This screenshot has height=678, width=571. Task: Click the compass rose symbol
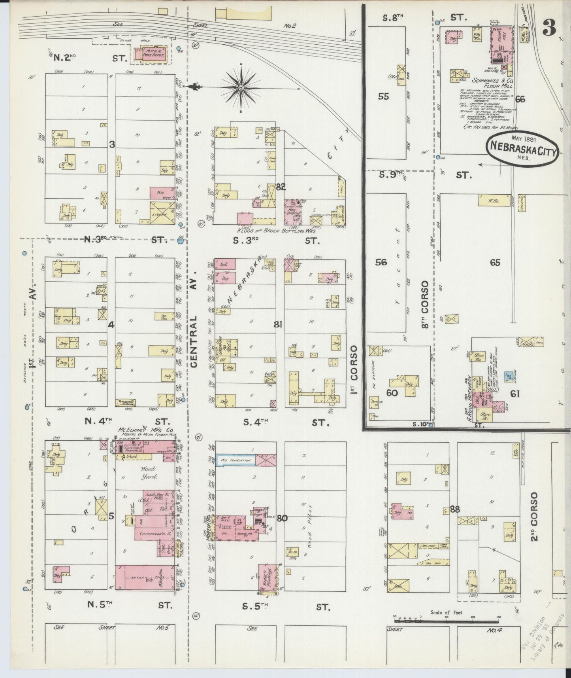click(x=241, y=86)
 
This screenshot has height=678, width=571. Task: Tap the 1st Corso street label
click(x=354, y=369)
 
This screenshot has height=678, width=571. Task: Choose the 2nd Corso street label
click(x=534, y=516)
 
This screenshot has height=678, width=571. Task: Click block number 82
click(x=281, y=187)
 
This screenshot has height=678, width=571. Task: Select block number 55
click(x=383, y=96)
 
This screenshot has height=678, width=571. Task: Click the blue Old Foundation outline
click(x=236, y=460)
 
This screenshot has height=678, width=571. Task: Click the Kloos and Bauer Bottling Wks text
click(x=276, y=231)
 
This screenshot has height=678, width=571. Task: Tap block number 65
click(x=495, y=263)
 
